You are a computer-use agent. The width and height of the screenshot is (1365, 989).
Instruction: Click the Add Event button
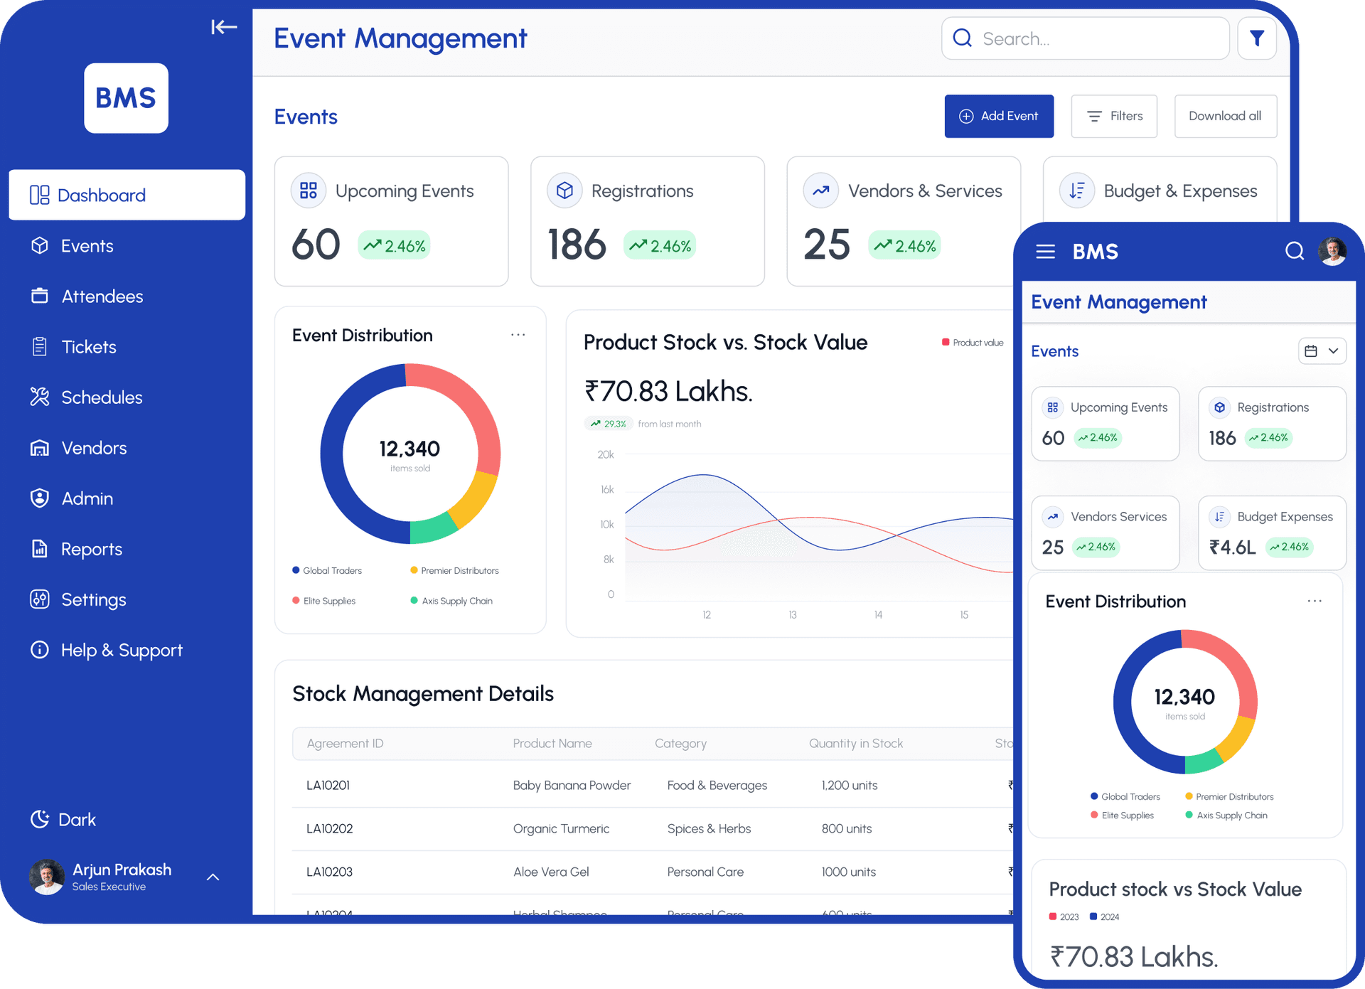pos(998,116)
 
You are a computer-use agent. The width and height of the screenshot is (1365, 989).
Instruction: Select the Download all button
pos(1224,116)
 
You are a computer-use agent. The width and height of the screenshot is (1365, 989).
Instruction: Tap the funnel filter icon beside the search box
pos(1256,38)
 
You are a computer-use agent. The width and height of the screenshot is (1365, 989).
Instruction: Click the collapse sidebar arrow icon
pos(223,27)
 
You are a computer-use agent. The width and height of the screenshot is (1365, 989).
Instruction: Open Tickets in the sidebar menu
pos(88,347)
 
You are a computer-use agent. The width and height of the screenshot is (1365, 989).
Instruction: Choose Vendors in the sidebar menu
pos(93,448)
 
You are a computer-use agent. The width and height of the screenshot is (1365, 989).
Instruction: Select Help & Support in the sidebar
pos(121,650)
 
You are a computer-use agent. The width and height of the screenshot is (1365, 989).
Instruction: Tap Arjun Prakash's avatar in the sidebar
pos(47,877)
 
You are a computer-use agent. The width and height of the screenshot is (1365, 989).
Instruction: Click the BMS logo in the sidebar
pos(126,98)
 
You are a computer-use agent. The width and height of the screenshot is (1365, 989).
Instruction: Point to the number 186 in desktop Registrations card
pos(577,245)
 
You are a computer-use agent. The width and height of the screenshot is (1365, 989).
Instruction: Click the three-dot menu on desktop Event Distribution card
pos(518,334)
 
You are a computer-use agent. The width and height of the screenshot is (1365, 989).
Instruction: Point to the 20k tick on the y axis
pos(606,454)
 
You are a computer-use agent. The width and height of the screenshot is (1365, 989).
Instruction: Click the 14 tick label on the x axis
pos(878,614)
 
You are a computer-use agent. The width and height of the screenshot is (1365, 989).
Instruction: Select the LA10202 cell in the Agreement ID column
pos(329,828)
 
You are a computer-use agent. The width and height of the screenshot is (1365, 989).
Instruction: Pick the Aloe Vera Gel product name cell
pos(551,872)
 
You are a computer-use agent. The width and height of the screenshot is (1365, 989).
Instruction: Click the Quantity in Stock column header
pos(855,743)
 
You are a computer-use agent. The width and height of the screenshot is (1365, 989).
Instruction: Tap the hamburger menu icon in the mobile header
pos(1045,252)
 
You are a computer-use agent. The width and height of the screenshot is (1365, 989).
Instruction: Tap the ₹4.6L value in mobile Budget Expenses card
pos(1232,547)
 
